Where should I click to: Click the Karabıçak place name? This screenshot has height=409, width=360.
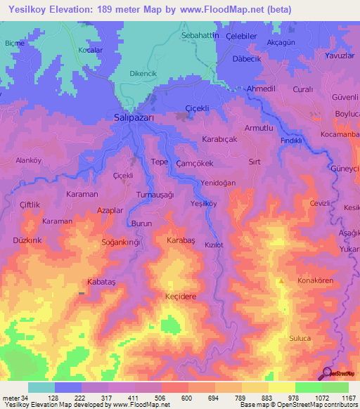coord(221,138)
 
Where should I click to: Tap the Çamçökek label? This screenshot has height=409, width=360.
coord(195,162)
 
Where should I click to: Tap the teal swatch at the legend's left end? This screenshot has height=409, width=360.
coord(41,387)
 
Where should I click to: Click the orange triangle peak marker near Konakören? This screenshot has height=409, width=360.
coord(281,281)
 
